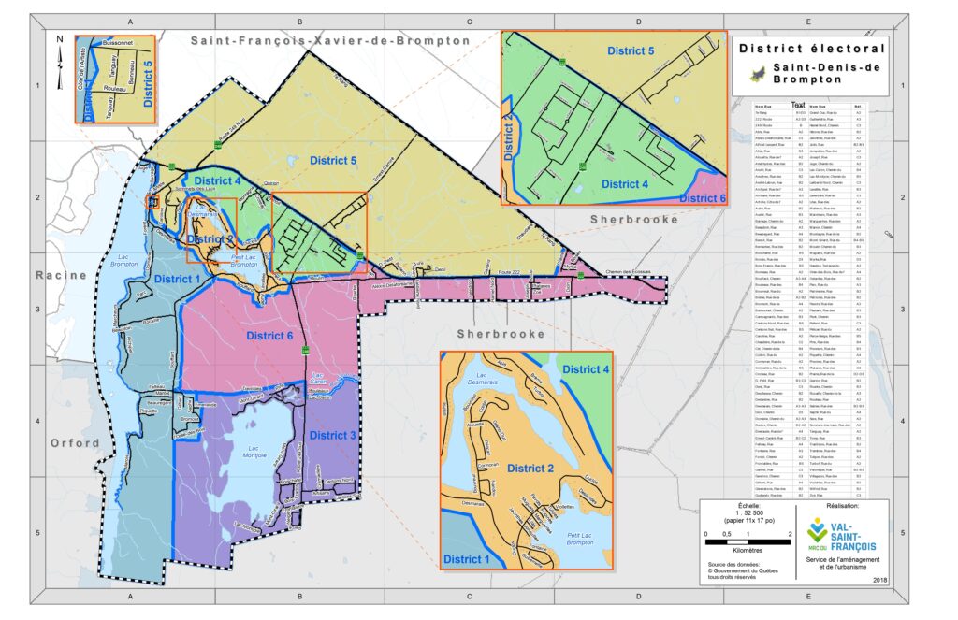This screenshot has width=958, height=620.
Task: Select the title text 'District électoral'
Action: pyautogui.click(x=809, y=48)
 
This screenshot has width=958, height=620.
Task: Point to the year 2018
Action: pyautogui.click(x=879, y=581)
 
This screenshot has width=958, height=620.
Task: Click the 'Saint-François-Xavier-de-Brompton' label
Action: pyautogui.click(x=330, y=41)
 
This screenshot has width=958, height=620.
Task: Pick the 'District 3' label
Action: pyautogui.click(x=332, y=435)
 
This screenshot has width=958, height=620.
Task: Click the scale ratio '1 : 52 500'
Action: pyautogui.click(x=747, y=513)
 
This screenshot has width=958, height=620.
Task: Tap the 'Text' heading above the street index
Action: pyautogui.click(x=798, y=104)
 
